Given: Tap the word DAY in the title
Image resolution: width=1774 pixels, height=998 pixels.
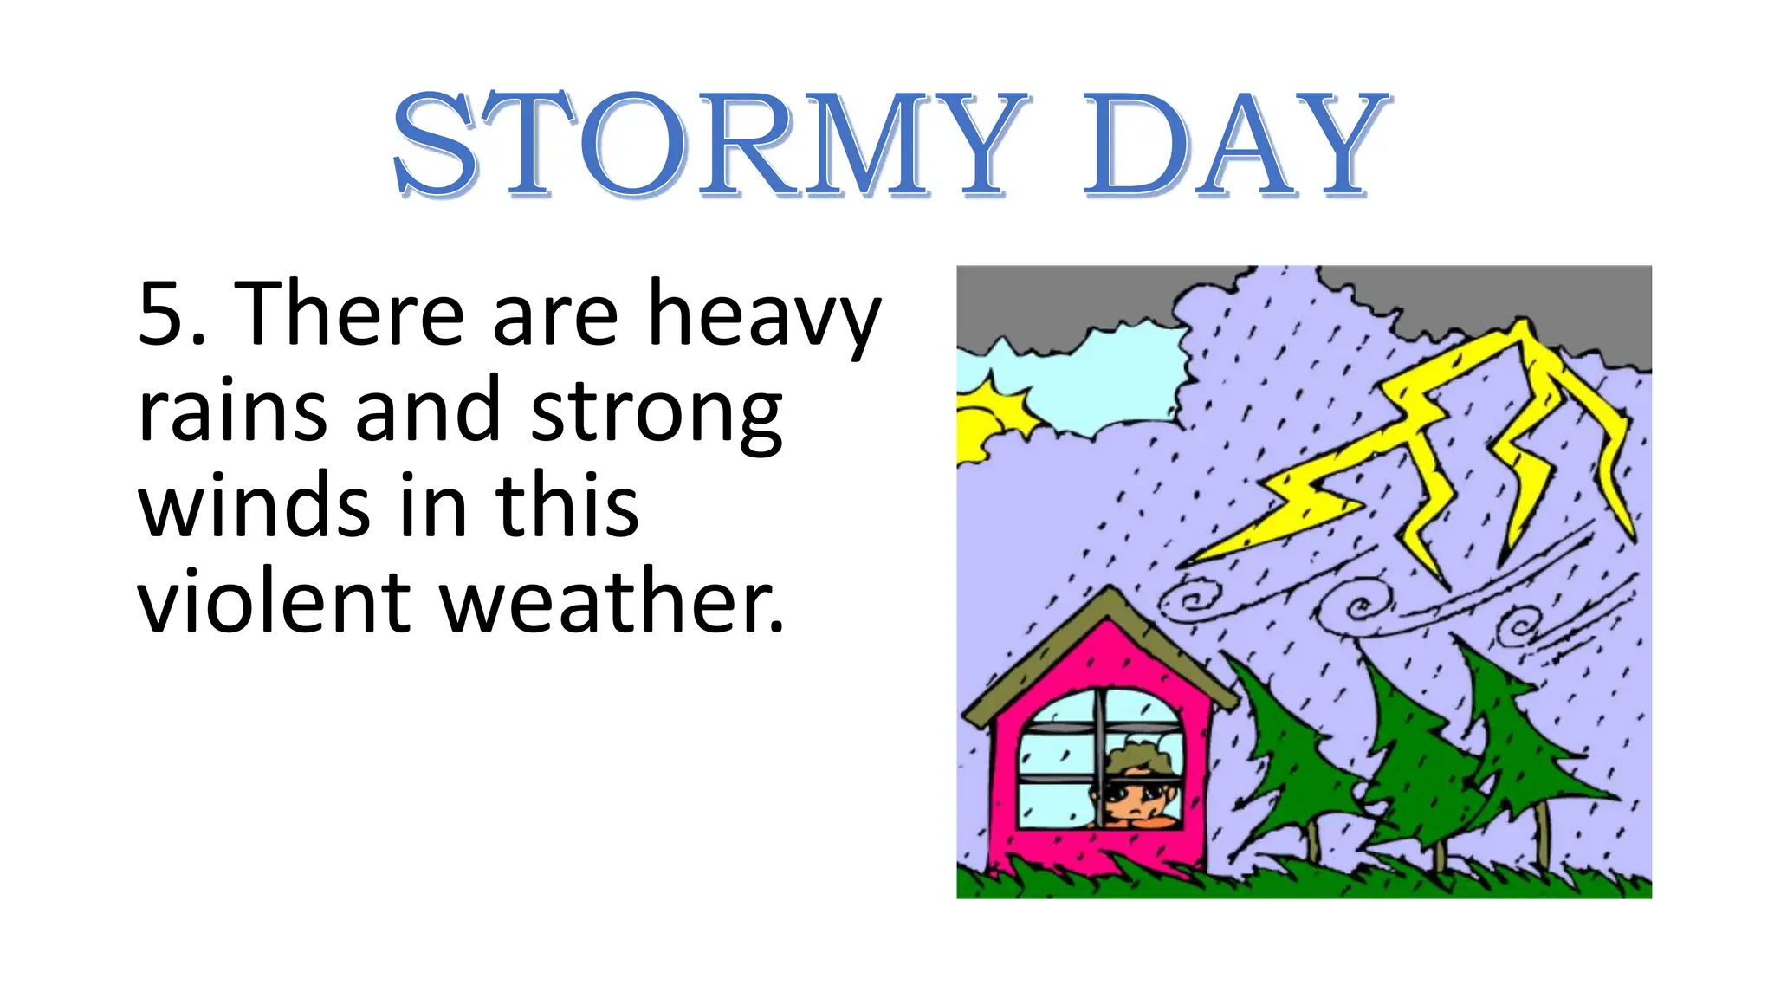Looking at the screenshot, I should pyautogui.click(x=1235, y=145).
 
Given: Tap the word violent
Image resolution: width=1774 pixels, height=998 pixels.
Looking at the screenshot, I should pyautogui.click(x=274, y=601).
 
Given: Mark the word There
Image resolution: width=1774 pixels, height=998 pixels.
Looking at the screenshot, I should pyautogui.click(x=350, y=314).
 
